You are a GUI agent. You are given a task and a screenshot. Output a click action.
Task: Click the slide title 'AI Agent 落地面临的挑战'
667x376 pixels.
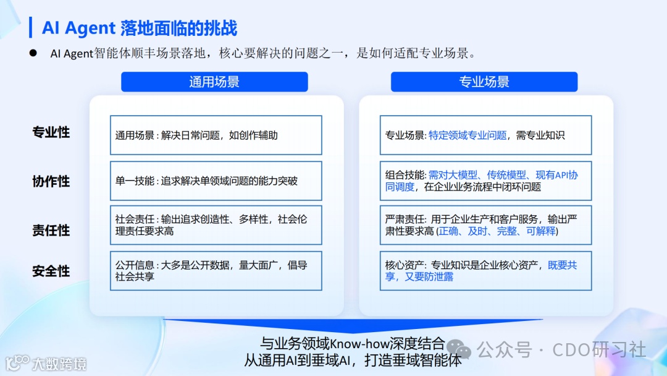click(140, 28)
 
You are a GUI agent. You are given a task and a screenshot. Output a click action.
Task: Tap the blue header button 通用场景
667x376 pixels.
click(214, 82)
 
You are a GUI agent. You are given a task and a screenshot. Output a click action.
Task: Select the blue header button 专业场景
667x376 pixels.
click(484, 82)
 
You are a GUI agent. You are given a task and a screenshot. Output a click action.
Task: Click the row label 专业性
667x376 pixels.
click(51, 132)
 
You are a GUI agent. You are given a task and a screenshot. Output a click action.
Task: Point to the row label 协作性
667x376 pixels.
click(51, 181)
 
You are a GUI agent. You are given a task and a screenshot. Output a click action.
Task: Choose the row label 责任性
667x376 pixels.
click(51, 230)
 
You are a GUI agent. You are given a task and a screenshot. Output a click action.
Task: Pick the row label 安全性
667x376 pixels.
click(51, 271)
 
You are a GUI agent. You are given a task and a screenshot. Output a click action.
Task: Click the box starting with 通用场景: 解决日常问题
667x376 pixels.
click(216, 135)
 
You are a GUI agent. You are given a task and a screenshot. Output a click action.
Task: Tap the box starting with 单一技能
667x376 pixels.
click(216, 181)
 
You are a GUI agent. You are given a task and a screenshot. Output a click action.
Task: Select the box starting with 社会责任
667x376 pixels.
click(216, 225)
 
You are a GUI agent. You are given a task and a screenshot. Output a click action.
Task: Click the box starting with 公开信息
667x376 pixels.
click(216, 271)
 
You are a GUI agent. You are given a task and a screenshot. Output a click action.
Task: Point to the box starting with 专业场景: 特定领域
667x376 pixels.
click(485, 135)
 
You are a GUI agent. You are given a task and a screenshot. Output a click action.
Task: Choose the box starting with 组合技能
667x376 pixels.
click(485, 181)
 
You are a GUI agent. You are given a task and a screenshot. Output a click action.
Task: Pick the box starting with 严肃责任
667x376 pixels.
click(485, 225)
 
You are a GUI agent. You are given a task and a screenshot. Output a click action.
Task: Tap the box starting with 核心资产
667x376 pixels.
click(485, 271)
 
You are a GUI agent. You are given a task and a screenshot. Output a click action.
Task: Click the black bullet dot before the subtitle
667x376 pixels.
click(34, 53)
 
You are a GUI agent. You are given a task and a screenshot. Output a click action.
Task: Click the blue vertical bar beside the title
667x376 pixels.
click(31, 27)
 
